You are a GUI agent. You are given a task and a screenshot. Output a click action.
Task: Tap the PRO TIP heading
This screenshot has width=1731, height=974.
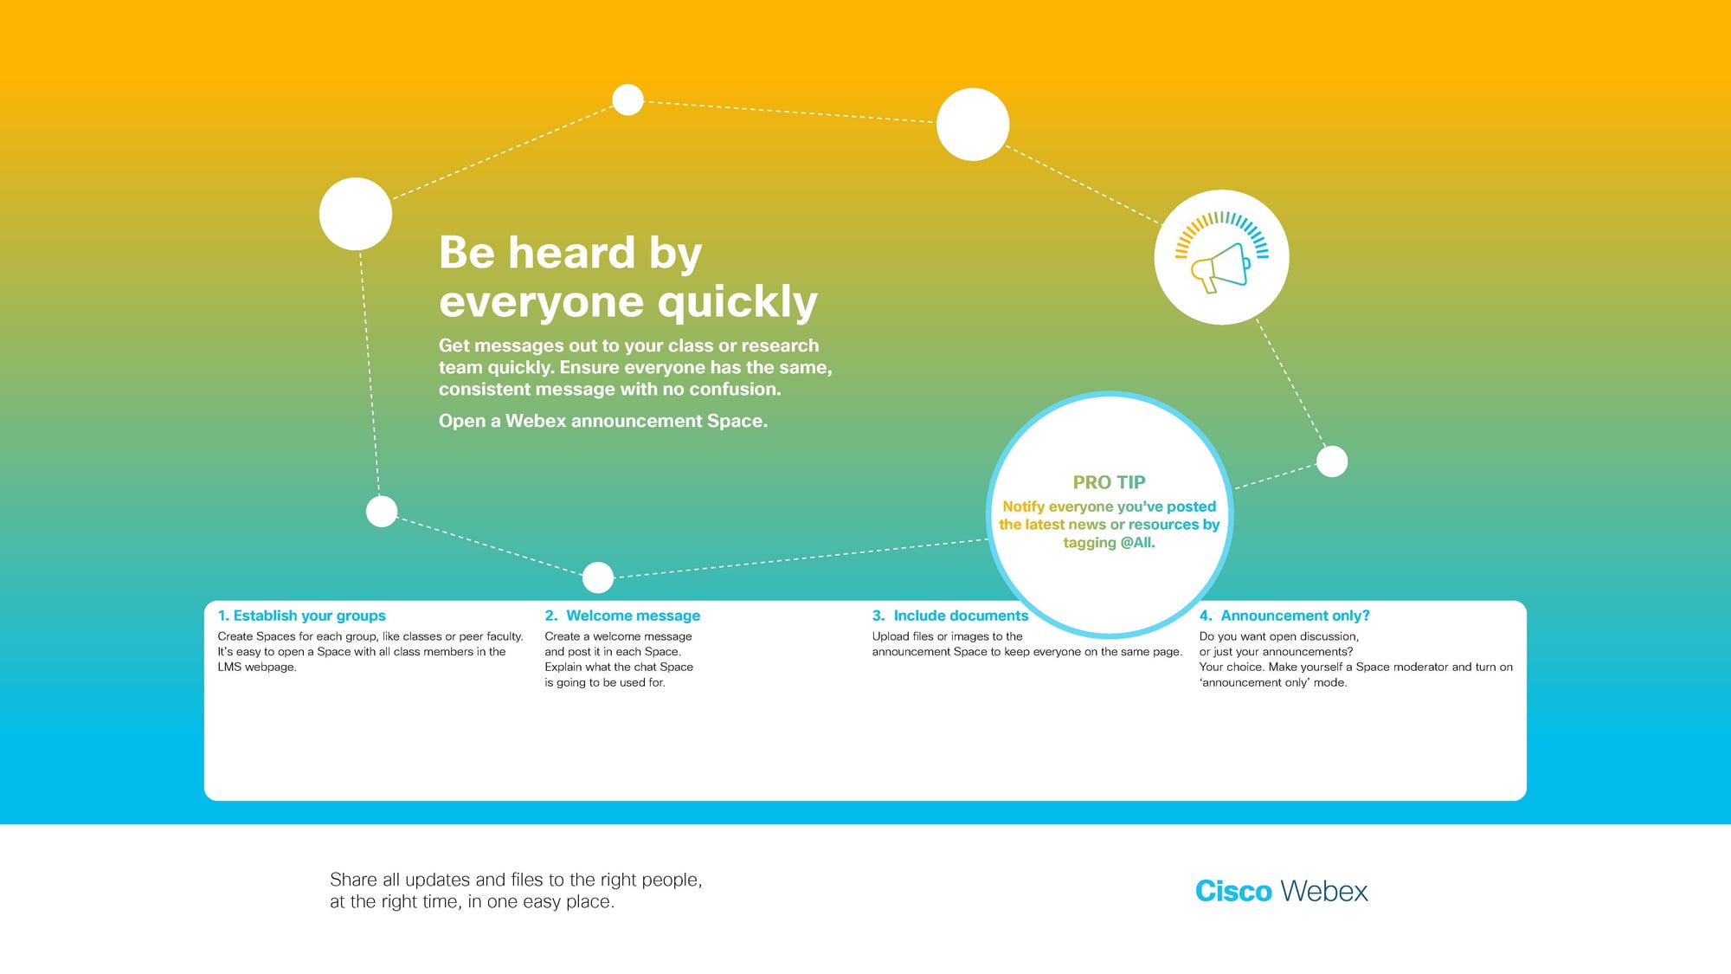(1109, 482)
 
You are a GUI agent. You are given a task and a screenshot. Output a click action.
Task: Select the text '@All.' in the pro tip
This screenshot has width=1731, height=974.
(1137, 543)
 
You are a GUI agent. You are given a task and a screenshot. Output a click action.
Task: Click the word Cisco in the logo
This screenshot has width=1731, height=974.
(1233, 891)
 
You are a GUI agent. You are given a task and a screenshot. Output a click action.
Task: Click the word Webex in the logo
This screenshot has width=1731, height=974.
(1324, 891)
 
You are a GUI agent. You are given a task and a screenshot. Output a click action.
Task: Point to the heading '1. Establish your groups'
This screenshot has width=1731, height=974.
(301, 616)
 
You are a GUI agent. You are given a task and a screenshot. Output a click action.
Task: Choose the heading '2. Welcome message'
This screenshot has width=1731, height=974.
(622, 616)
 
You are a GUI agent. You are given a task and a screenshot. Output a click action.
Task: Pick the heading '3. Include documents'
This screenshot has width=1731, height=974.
(950, 616)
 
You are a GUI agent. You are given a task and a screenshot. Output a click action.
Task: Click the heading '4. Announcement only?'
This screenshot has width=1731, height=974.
(1284, 616)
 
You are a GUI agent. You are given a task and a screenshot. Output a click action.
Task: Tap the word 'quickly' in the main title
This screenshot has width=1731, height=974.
(737, 303)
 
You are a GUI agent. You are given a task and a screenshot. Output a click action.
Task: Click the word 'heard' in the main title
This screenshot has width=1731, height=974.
(572, 253)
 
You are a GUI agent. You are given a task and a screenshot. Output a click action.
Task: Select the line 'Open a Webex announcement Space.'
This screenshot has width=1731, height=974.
(603, 421)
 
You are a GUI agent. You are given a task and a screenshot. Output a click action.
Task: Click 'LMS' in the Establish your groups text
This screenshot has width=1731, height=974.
(229, 667)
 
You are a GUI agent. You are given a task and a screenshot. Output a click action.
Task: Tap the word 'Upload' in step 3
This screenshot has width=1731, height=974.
(891, 636)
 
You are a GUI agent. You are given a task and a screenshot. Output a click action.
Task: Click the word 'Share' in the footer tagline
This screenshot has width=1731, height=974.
(353, 880)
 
